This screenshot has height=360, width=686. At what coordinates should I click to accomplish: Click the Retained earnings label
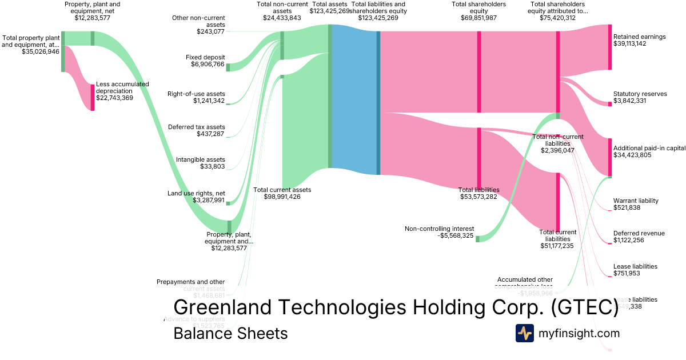(639, 37)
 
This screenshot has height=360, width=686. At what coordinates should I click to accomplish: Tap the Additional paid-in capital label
(649, 148)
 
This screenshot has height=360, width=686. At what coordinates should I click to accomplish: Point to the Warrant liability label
(636, 201)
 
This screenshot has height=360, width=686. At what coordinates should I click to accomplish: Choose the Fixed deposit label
(205, 57)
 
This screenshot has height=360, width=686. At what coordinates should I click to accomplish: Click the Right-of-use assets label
(196, 94)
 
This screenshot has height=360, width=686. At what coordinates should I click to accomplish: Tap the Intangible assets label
(200, 159)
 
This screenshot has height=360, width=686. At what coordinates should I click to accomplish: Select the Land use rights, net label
(196, 193)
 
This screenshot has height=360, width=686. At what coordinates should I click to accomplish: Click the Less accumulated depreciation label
(122, 87)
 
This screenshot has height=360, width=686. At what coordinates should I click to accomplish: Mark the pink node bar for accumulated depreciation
(93, 97)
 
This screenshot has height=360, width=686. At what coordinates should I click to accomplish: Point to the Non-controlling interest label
(439, 229)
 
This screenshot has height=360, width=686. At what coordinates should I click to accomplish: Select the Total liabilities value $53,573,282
(479, 197)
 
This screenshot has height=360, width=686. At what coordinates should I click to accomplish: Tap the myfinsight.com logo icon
(524, 333)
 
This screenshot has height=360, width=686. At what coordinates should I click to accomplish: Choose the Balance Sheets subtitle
(230, 333)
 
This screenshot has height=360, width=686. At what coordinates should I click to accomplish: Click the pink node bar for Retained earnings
(609, 47)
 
